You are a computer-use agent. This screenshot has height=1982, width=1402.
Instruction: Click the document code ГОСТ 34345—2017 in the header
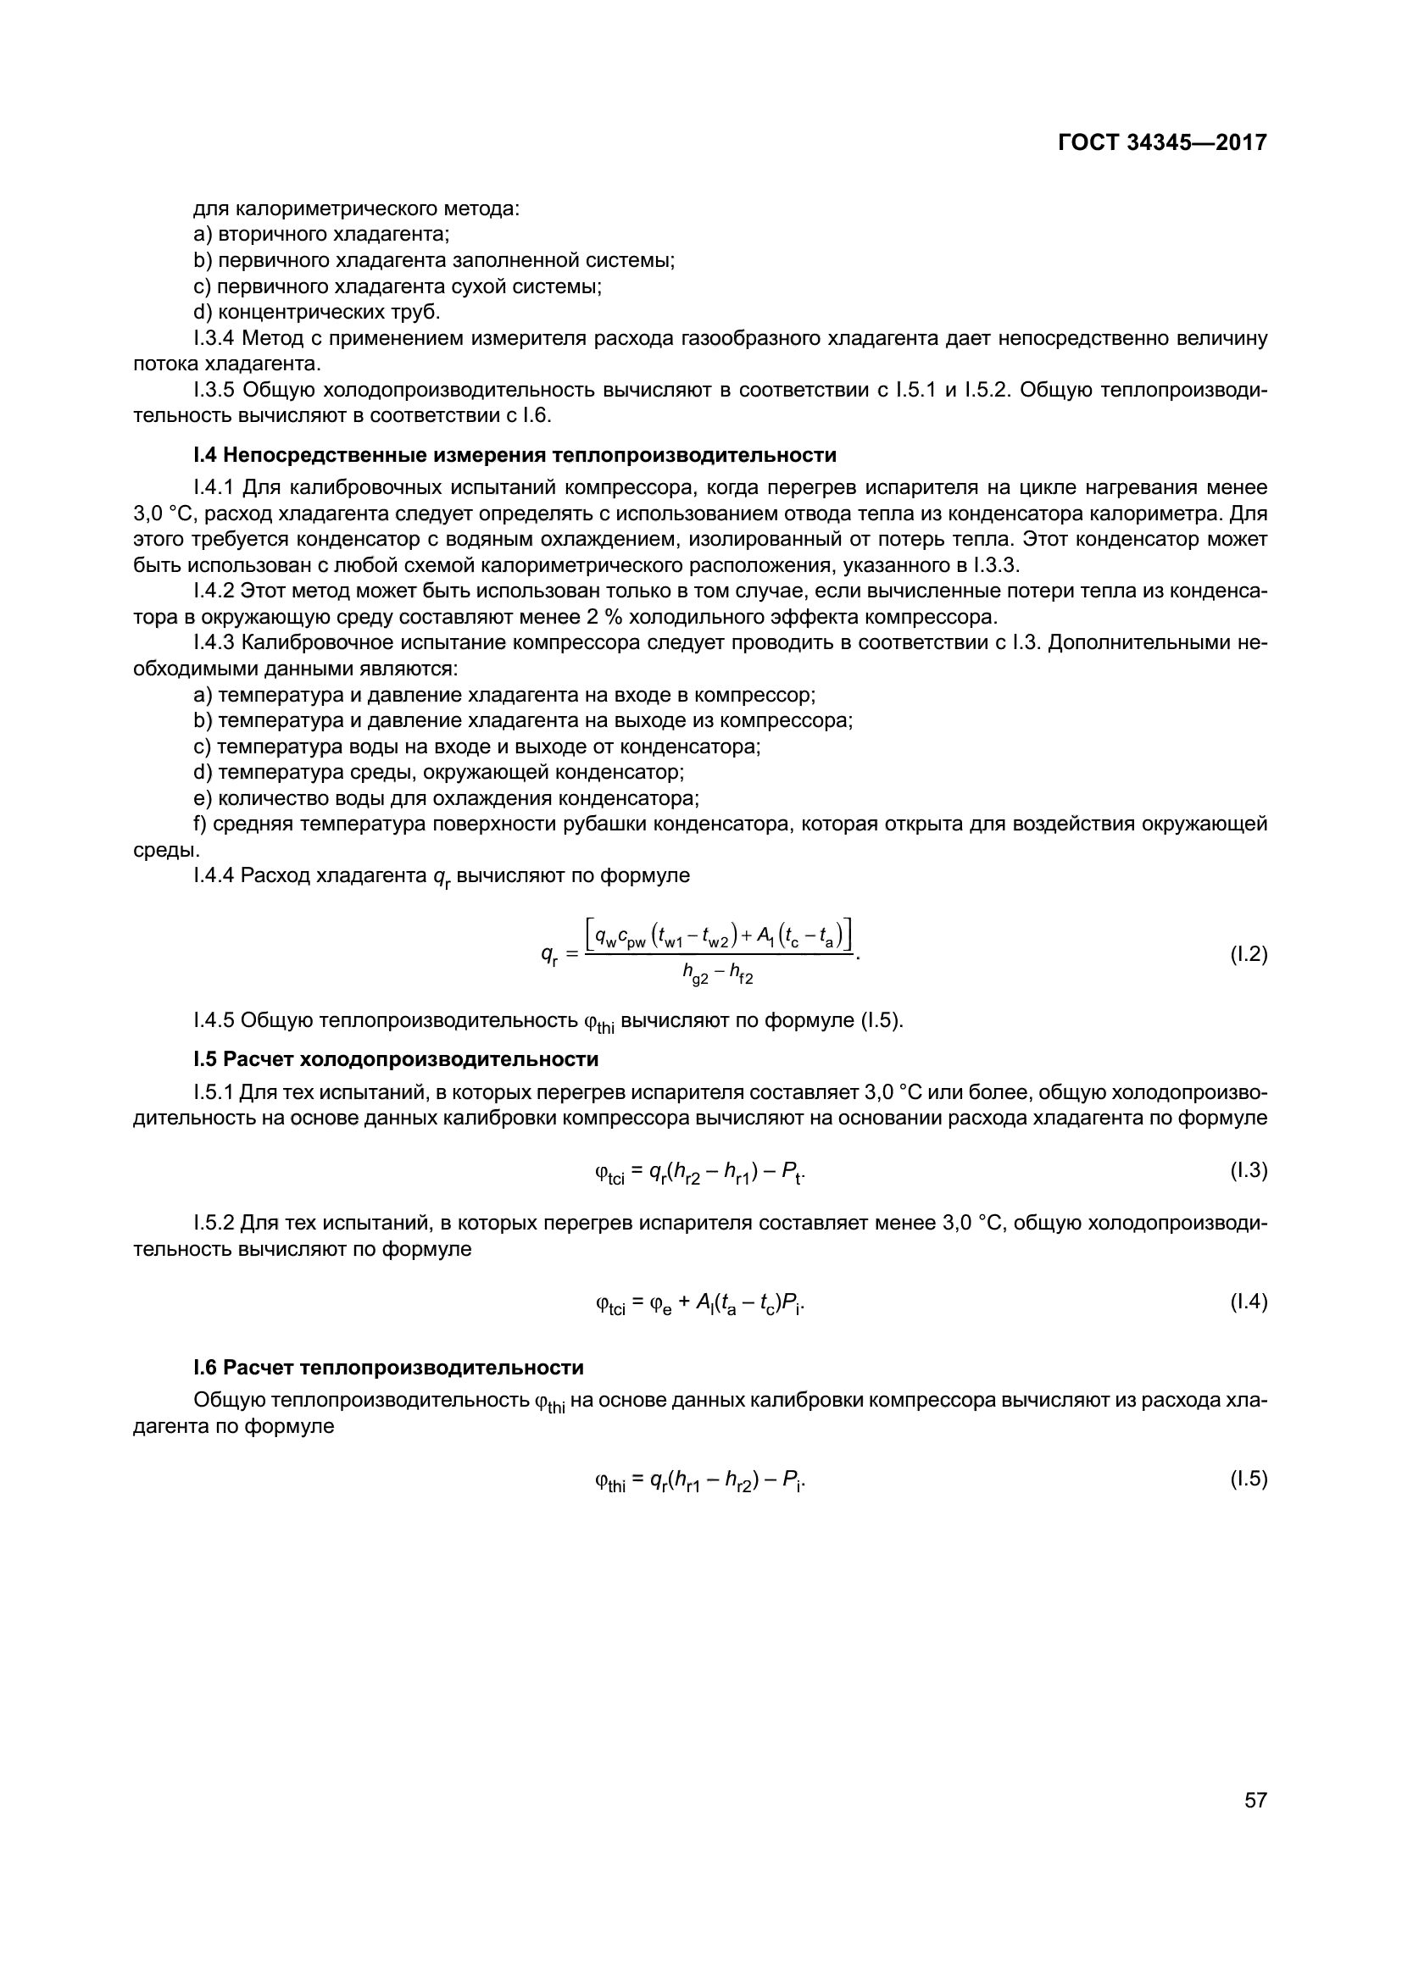(x=1162, y=143)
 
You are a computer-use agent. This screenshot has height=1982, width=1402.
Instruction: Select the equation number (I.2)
(x=1249, y=955)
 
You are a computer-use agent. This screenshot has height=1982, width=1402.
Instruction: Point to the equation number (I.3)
(x=1249, y=1170)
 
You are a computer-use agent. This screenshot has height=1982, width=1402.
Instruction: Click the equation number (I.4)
(x=1249, y=1302)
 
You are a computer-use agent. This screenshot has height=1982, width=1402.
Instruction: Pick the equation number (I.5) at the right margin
(x=1249, y=1480)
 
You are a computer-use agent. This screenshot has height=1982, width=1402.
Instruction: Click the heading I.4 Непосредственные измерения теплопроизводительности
(x=515, y=455)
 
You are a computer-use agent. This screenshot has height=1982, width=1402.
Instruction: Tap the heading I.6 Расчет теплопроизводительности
(x=388, y=1368)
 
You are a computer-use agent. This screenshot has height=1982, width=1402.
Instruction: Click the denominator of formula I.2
(x=717, y=975)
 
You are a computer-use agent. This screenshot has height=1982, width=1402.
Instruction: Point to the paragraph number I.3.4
(x=215, y=338)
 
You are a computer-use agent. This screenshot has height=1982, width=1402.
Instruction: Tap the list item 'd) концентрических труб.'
(x=317, y=312)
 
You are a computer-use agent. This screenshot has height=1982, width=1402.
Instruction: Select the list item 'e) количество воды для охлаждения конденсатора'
(x=447, y=797)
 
